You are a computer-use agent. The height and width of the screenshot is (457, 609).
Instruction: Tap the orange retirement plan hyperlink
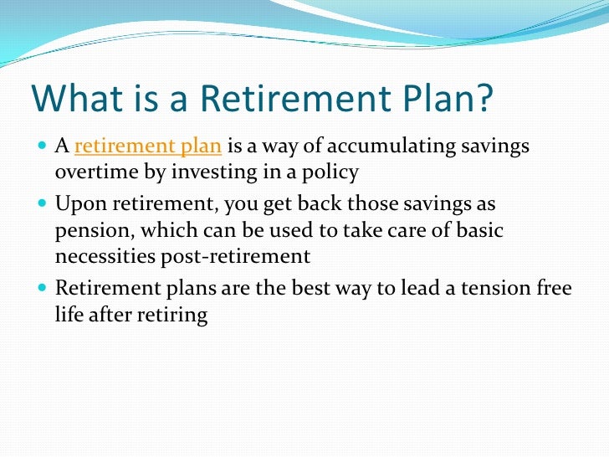click(x=148, y=147)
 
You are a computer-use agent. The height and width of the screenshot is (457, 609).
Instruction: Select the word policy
click(x=331, y=172)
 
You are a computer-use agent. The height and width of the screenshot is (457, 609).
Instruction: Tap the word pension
click(x=88, y=230)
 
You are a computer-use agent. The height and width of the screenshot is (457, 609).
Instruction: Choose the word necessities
click(x=106, y=255)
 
